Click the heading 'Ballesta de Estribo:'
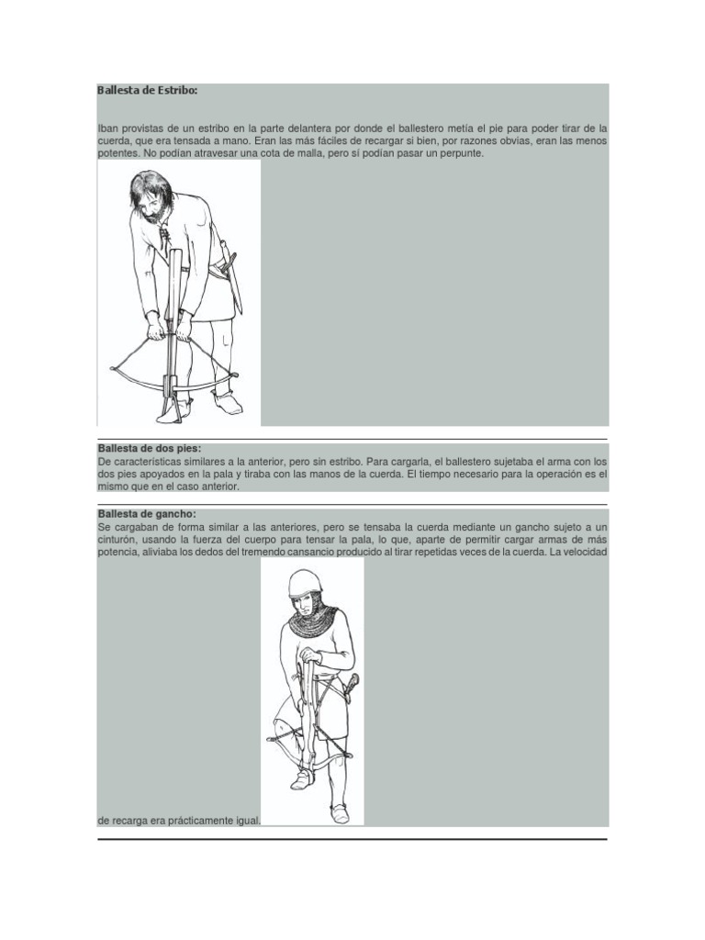147,91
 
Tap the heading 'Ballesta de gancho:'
147,514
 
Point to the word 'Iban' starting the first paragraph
107,129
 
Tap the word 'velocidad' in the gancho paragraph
582,554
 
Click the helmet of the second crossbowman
305,581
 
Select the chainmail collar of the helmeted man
313,621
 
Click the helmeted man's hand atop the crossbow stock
309,655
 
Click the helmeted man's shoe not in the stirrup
339,812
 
